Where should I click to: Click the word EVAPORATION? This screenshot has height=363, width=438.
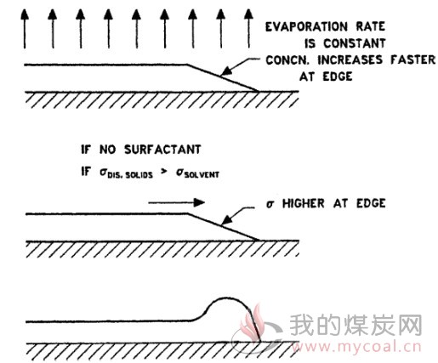pyautogui.click(x=306, y=26)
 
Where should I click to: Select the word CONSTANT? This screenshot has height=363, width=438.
pyautogui.click(x=355, y=43)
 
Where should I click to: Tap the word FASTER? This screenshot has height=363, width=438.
pyautogui.click(x=412, y=60)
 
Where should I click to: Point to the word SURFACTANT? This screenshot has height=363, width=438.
pyautogui.click(x=162, y=150)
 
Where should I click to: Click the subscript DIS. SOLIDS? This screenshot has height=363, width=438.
pyautogui.click(x=130, y=175)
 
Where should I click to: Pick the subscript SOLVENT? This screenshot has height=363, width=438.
pyautogui.click(x=202, y=174)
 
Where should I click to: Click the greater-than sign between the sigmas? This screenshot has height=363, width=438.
pyautogui.click(x=164, y=171)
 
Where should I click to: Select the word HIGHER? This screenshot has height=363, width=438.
pyautogui.click(x=304, y=203)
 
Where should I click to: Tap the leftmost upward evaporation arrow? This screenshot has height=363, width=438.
pyautogui.click(x=25, y=28)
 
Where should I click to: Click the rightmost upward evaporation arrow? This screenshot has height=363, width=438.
pyautogui.click(x=248, y=28)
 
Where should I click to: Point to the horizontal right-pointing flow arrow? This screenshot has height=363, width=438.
pyautogui.click(x=177, y=202)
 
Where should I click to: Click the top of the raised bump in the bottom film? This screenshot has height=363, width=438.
pyautogui.click(x=226, y=298)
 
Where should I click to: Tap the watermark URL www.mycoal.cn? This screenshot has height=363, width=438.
pyautogui.click(x=356, y=347)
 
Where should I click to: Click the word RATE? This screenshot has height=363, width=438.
pyautogui.click(x=371, y=26)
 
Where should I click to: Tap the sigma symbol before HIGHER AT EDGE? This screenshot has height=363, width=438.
pyautogui.click(x=270, y=204)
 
